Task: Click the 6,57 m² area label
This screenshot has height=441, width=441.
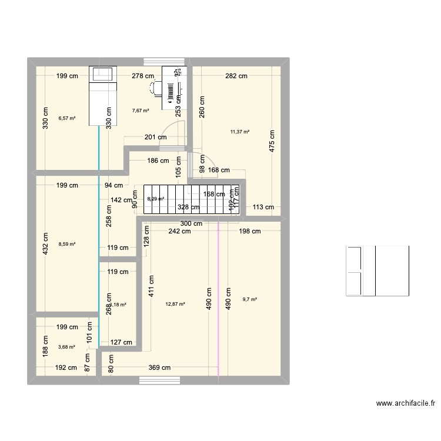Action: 67,118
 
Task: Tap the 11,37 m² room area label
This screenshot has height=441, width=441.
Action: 240,132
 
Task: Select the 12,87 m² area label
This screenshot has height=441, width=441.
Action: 175,304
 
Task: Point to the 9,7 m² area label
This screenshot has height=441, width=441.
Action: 250,299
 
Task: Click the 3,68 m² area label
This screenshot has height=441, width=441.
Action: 66,347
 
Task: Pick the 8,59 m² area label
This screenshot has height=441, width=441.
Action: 66,243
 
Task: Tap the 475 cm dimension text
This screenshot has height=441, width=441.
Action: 272,141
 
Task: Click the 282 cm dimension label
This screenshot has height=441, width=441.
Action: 235,76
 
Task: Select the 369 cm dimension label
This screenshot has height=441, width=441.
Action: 159,368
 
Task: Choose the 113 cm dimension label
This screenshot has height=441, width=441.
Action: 263,207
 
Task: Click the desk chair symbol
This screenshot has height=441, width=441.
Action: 155,88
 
